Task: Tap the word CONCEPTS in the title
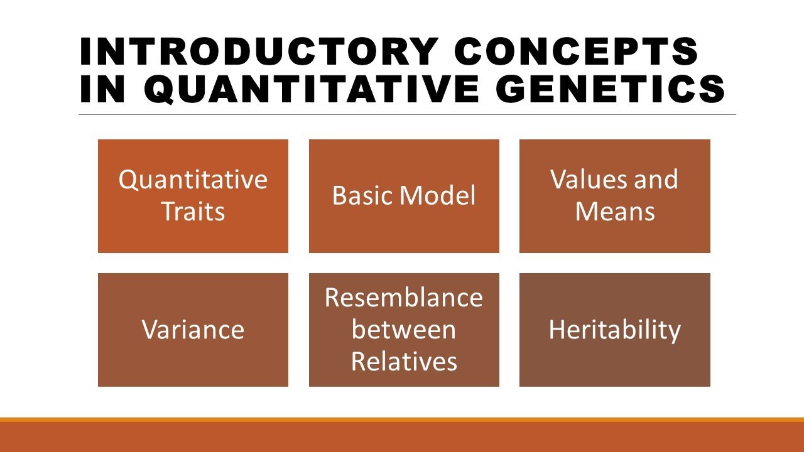click(577, 51)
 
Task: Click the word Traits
click(193, 212)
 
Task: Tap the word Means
click(615, 212)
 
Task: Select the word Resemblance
click(404, 297)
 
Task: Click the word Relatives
click(404, 362)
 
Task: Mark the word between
click(404, 330)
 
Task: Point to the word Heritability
click(614, 330)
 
